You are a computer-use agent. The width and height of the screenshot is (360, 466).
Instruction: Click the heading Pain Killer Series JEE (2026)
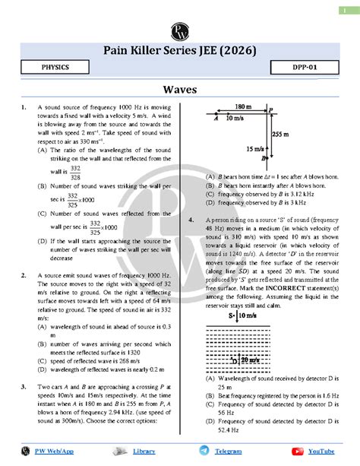pos(180,50)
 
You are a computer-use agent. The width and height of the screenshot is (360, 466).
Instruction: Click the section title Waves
pos(180,90)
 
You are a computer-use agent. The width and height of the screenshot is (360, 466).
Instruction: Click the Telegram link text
pos(228,451)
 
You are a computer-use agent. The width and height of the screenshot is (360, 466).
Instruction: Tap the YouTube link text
pos(320,451)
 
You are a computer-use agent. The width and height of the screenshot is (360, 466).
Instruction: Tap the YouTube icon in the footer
pos(295,450)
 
